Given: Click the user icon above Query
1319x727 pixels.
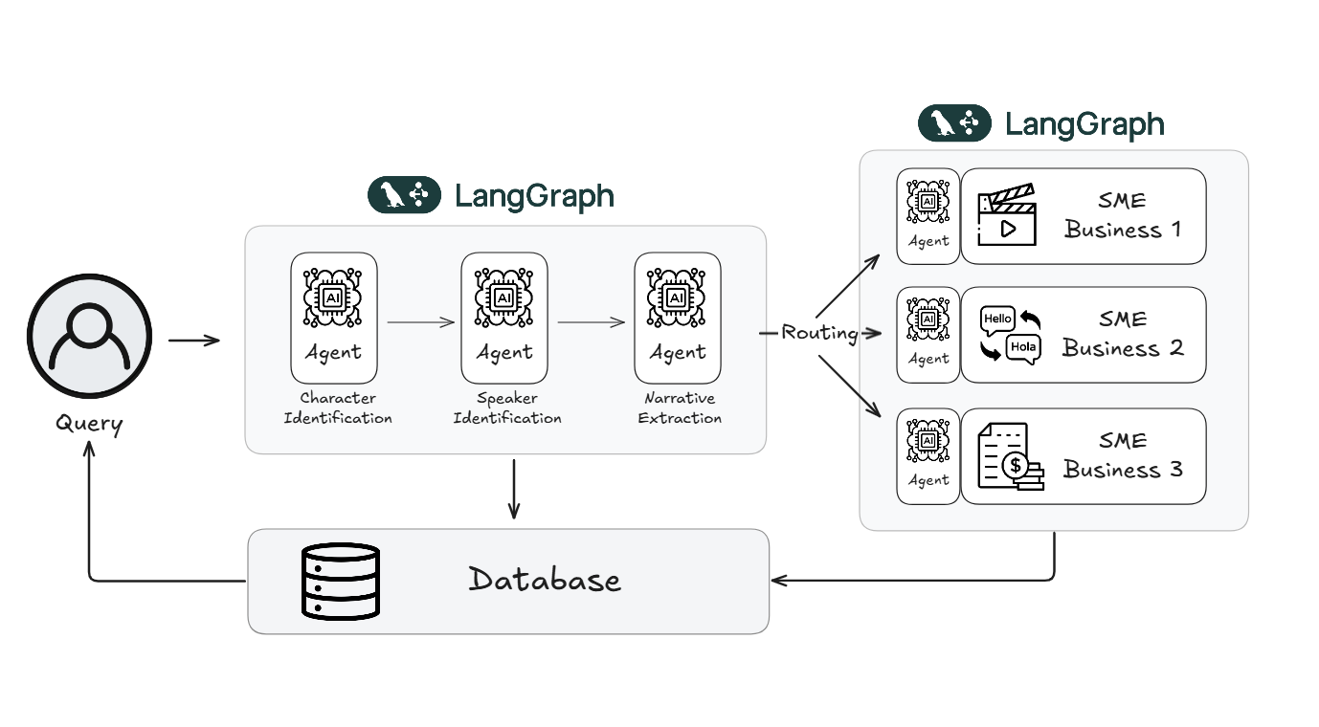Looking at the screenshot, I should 89,341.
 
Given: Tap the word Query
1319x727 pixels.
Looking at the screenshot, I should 89,422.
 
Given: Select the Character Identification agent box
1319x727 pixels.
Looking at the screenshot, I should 334,318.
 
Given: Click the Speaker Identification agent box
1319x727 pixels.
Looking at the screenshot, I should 504,318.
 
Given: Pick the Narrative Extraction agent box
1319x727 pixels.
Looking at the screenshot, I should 678,318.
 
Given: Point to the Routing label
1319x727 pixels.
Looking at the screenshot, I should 819,333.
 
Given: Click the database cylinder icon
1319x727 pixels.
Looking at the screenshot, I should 340,581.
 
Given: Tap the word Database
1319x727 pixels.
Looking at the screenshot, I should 544,580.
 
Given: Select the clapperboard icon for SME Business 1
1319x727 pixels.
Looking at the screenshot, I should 1006,217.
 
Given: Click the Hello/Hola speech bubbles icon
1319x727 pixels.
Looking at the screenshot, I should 1010,335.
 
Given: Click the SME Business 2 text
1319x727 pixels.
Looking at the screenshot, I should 1122,334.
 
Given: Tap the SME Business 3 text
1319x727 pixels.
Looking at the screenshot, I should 1122,456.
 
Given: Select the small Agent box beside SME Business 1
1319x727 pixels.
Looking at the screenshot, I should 928,216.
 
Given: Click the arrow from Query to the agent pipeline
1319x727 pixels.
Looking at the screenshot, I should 194,341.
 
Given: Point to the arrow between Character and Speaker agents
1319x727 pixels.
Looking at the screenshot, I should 420,322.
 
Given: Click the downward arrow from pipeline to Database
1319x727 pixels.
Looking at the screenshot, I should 514,489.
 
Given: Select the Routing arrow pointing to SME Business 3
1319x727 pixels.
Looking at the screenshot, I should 849,386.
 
